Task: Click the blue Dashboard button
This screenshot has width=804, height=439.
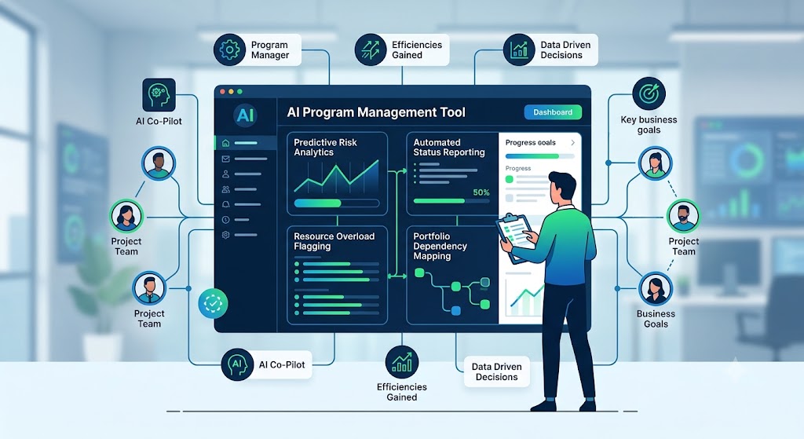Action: (x=553, y=112)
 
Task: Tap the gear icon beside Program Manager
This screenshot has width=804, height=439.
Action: (x=230, y=49)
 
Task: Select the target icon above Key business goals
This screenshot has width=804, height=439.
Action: (x=649, y=94)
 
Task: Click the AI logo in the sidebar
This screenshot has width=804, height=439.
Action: (x=245, y=115)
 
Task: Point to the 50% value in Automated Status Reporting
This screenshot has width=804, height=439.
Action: (x=481, y=192)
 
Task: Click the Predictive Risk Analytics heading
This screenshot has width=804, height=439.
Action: (x=325, y=147)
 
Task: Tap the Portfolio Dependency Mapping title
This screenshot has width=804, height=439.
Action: (x=440, y=246)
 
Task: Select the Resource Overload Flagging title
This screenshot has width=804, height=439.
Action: (x=334, y=241)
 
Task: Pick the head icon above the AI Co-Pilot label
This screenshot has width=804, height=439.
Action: (x=159, y=95)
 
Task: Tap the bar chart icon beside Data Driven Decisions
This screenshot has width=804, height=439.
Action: (x=519, y=49)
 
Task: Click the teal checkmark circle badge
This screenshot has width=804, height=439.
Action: (x=213, y=303)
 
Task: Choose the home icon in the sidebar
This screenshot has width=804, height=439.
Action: (x=225, y=143)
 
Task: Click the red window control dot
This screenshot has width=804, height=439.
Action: (x=222, y=92)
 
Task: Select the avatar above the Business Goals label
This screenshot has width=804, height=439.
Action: (x=656, y=289)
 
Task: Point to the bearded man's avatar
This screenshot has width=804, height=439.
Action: (x=683, y=217)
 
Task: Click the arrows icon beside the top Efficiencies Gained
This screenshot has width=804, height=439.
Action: (x=371, y=49)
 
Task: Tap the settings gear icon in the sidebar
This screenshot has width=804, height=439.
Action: (x=225, y=235)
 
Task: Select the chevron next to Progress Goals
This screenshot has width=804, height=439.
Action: (x=572, y=143)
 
